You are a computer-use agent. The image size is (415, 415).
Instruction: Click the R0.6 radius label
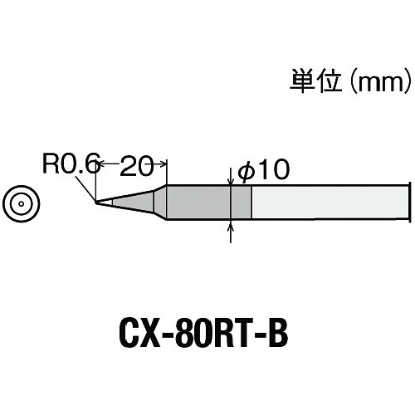(71, 164)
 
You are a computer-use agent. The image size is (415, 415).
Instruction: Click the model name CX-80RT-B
(203, 335)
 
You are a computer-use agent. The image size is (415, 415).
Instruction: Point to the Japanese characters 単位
(315, 81)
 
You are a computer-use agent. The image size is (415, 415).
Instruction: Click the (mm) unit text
(379, 81)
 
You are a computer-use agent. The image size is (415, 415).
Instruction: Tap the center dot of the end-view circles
(22, 204)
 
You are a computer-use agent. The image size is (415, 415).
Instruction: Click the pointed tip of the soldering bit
(95, 203)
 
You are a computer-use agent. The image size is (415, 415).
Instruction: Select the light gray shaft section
(330, 203)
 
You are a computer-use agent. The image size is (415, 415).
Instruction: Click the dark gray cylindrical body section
(209, 203)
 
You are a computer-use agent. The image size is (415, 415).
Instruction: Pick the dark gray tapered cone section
(134, 203)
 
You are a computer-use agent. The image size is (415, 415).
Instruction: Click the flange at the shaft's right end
(409, 203)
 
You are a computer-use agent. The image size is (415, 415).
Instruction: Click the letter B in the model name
(277, 335)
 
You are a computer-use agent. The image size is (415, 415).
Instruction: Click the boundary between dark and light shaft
(251, 203)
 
